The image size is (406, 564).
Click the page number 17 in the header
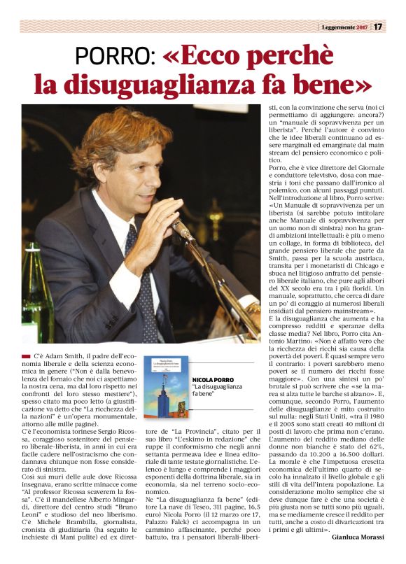[x=377, y=27]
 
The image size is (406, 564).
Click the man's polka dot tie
[x=141, y=280]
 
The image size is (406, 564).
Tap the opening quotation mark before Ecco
[x=173, y=57]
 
